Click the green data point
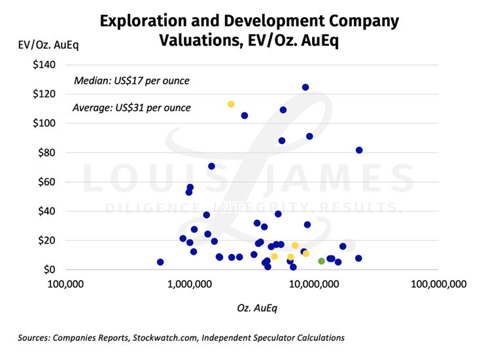(321, 261)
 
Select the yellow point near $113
(231, 104)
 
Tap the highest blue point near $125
(305, 87)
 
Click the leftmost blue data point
(160, 262)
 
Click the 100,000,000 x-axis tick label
(438, 284)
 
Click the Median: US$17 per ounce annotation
(131, 81)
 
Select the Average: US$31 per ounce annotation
(131, 107)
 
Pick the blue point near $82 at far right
(359, 150)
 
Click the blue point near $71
(211, 166)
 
